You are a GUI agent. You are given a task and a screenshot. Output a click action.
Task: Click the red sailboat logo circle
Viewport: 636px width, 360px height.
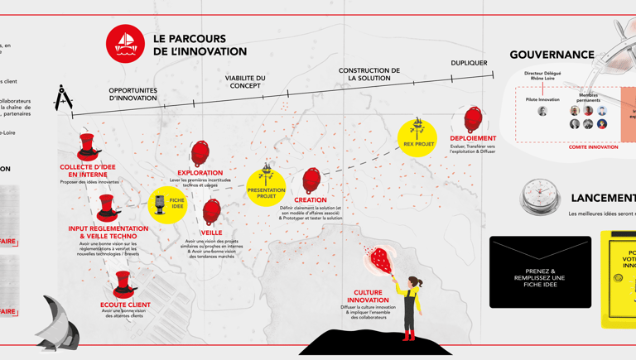click(125, 44)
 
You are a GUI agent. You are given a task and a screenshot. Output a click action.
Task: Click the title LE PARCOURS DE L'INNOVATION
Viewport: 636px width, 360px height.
click(200, 45)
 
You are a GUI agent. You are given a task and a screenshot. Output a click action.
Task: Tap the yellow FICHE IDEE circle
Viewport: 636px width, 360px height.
click(168, 204)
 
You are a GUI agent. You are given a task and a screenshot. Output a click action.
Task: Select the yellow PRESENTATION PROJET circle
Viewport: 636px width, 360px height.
click(266, 189)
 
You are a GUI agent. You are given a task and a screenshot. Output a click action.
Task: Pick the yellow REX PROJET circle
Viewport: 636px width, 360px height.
click(417, 137)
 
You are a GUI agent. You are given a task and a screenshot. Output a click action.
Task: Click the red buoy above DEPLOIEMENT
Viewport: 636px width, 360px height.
click(473, 119)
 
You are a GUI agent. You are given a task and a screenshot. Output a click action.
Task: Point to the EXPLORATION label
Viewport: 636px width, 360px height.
click(200, 173)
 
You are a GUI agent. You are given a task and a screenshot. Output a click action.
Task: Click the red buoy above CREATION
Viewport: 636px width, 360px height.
click(311, 180)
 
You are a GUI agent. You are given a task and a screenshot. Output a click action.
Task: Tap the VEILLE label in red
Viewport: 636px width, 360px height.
click(211, 233)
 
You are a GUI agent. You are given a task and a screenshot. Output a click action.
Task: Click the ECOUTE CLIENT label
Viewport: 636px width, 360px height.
click(125, 305)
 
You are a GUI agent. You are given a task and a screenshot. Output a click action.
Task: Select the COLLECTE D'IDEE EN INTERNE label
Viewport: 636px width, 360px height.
click(88, 170)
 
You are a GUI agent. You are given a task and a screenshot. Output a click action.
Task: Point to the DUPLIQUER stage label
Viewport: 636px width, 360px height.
click(469, 63)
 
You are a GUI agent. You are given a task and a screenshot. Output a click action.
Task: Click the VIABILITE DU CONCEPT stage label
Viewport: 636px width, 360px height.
click(245, 82)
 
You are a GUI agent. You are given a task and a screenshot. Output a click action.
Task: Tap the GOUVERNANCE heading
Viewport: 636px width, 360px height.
click(552, 55)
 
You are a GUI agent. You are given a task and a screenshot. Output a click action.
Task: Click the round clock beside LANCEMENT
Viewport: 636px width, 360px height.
click(540, 197)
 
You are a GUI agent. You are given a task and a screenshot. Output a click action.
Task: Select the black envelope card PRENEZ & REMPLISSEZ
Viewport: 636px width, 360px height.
click(540, 272)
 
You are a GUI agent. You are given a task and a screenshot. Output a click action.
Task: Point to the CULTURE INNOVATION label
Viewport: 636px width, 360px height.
click(368, 296)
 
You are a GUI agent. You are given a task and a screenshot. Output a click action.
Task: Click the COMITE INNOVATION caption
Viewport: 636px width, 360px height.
click(593, 147)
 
